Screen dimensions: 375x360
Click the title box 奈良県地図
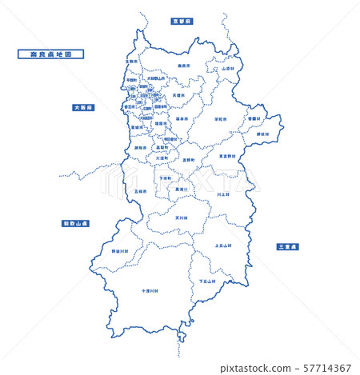point(50,54)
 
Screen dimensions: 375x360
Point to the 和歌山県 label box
point(76,224)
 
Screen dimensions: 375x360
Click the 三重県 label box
point(286,246)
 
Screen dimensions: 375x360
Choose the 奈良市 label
point(184,66)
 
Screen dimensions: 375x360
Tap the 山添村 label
point(229,69)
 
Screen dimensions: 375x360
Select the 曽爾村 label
point(254,118)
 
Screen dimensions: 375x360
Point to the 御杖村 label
point(263,134)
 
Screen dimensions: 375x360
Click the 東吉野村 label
point(227,156)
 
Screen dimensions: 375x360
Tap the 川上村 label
point(222,193)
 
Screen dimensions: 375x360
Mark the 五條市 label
point(140,191)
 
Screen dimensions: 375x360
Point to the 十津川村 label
point(149,291)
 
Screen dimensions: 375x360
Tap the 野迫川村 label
point(119,251)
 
